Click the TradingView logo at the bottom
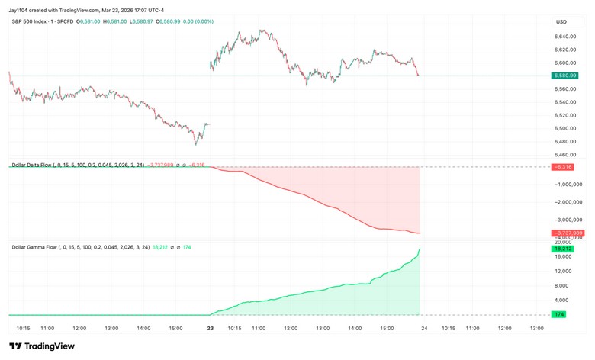coord(44,346)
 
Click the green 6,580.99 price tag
coord(565,76)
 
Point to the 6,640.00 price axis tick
coord(565,37)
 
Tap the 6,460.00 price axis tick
coord(565,155)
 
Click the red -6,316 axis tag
coord(565,166)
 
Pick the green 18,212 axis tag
coord(565,249)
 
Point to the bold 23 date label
coord(211,329)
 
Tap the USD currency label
coord(562,21)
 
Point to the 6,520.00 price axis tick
coord(565,115)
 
